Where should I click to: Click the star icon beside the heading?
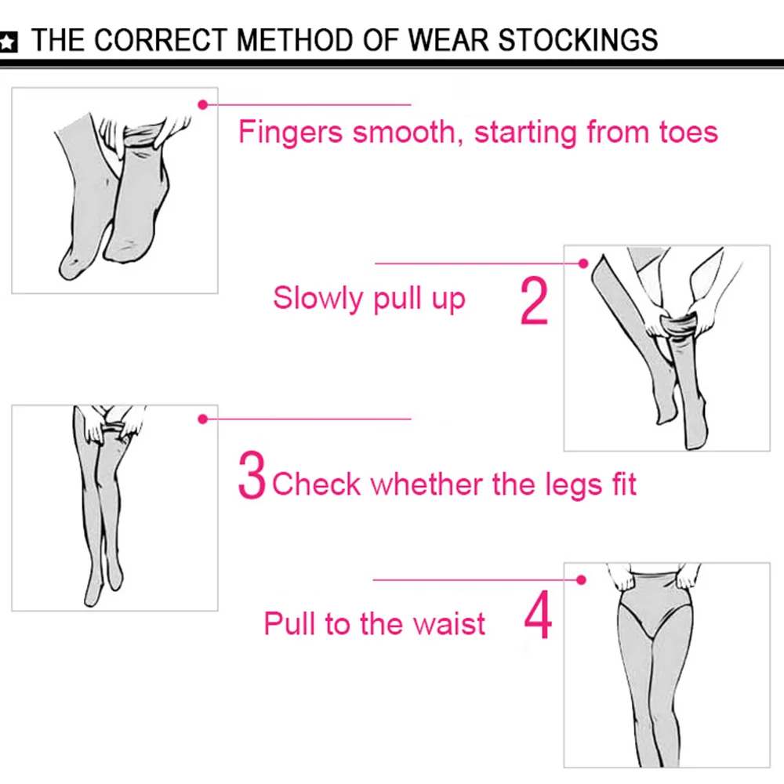(x=8, y=42)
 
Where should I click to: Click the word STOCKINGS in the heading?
(x=578, y=40)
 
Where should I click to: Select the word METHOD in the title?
(x=295, y=40)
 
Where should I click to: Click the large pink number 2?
(x=534, y=301)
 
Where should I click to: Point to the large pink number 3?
(x=252, y=475)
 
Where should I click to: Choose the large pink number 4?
(x=538, y=615)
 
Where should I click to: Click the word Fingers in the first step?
(x=291, y=133)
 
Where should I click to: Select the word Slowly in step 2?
(x=318, y=299)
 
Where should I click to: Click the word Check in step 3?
(x=316, y=484)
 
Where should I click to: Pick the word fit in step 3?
(x=624, y=484)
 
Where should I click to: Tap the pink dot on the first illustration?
(x=202, y=104)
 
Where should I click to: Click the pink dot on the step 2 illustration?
(x=583, y=263)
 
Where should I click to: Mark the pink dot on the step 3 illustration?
(x=202, y=419)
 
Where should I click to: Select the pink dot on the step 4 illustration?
(x=581, y=580)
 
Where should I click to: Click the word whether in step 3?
(x=426, y=484)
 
